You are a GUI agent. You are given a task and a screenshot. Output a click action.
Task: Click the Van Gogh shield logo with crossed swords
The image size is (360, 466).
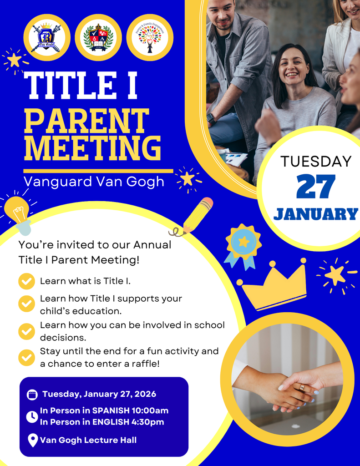pos(46,38)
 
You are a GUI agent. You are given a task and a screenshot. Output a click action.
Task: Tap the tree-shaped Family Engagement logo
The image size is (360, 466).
pos(150,38)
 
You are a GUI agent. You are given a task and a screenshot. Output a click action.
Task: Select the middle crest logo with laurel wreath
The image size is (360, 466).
pos(98,38)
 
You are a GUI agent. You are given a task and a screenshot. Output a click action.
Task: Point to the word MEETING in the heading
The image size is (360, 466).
pos(92,149)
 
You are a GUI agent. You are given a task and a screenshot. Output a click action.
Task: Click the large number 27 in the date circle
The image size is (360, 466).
pos(316,187)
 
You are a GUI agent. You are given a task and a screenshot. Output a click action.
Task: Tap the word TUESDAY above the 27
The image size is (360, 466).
pos(316,161)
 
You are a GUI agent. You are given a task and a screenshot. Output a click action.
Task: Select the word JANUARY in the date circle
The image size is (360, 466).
pos(316,214)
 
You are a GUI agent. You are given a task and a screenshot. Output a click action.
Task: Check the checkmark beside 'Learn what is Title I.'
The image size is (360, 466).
pos(26,281)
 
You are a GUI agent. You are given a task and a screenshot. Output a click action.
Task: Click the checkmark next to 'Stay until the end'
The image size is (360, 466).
pos(26,357)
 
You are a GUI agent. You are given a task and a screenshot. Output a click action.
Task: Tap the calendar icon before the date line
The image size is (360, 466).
pos(32,395)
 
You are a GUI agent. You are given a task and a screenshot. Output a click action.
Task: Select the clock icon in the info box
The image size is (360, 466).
pos(32,416)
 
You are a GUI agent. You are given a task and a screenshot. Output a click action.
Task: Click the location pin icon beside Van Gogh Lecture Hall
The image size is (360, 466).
pos(32,440)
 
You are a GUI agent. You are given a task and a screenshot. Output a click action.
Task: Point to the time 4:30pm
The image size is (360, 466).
pos(147,422)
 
